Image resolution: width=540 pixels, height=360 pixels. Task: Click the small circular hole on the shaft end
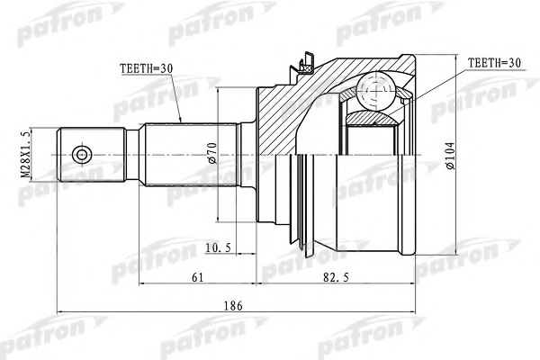(82, 156)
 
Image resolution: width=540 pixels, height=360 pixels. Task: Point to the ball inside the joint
(372, 90)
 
